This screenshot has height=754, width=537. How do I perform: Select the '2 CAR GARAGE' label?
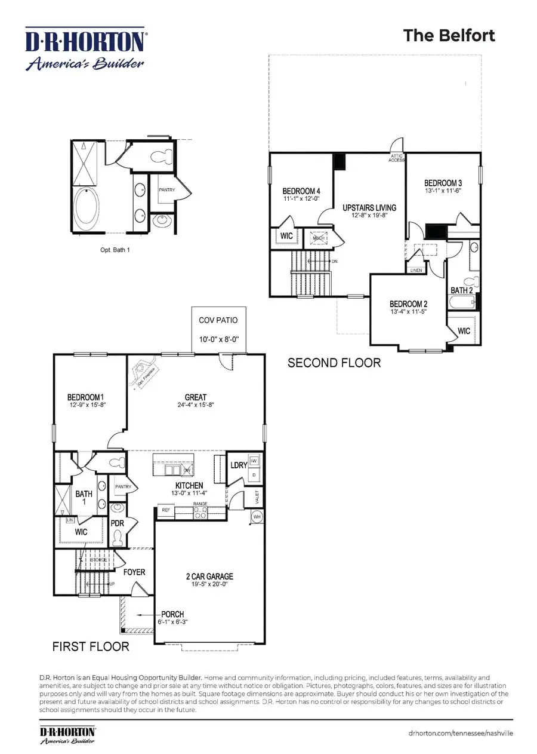click(x=208, y=577)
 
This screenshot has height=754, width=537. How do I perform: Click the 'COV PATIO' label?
click(x=218, y=320)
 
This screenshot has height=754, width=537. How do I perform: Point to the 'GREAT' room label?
click(x=195, y=397)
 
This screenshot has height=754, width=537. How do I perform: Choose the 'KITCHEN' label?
click(x=189, y=485)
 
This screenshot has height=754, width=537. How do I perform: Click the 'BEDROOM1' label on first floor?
click(x=87, y=397)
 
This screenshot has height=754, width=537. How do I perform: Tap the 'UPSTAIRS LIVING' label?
click(x=369, y=208)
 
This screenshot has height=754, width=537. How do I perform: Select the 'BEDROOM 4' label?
click(x=303, y=191)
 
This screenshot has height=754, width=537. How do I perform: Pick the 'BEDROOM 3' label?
click(x=443, y=183)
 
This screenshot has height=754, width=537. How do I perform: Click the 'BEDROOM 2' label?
click(x=409, y=304)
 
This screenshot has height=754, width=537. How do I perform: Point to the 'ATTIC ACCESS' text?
click(x=396, y=158)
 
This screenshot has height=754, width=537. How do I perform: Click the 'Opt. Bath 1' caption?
click(x=115, y=250)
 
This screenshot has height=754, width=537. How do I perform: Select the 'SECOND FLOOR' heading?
click(x=334, y=363)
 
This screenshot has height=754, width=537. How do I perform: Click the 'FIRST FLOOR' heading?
click(x=91, y=646)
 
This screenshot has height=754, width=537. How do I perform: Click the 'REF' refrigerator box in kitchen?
click(x=165, y=510)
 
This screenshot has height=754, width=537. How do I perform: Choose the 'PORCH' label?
click(x=172, y=614)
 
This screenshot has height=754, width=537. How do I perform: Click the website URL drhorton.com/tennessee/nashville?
click(x=461, y=733)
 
